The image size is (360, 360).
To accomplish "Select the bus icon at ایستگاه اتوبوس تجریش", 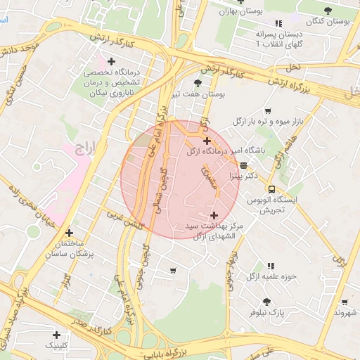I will tap(271, 189).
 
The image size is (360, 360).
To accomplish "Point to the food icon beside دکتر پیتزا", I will tap(243, 166).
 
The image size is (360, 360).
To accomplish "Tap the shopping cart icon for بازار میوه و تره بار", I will tap(268, 111).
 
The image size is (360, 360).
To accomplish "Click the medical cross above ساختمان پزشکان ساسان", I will tap(69, 233).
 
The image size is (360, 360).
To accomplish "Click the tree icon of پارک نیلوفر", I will tap(266, 302).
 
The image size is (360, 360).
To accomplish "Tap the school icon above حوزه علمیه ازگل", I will tap(271, 266).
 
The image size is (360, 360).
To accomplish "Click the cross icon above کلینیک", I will tap(56, 335).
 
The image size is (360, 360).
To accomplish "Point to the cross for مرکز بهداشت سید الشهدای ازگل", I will tap(214, 215).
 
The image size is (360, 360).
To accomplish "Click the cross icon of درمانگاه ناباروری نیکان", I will tap(111, 62).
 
